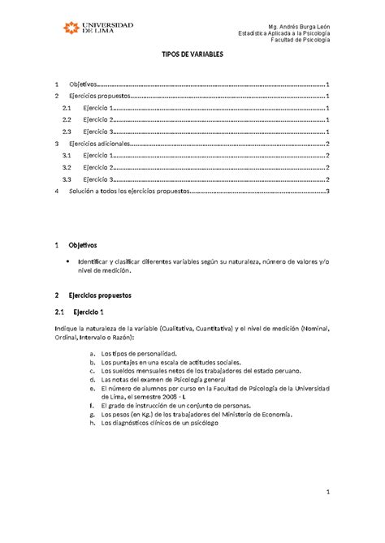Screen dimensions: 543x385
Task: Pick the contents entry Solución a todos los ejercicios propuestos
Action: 129,191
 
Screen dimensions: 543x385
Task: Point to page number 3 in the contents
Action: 327,191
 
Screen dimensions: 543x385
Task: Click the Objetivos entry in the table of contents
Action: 83,84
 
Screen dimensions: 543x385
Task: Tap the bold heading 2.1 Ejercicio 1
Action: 86,312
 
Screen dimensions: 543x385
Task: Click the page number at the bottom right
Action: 326,492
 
